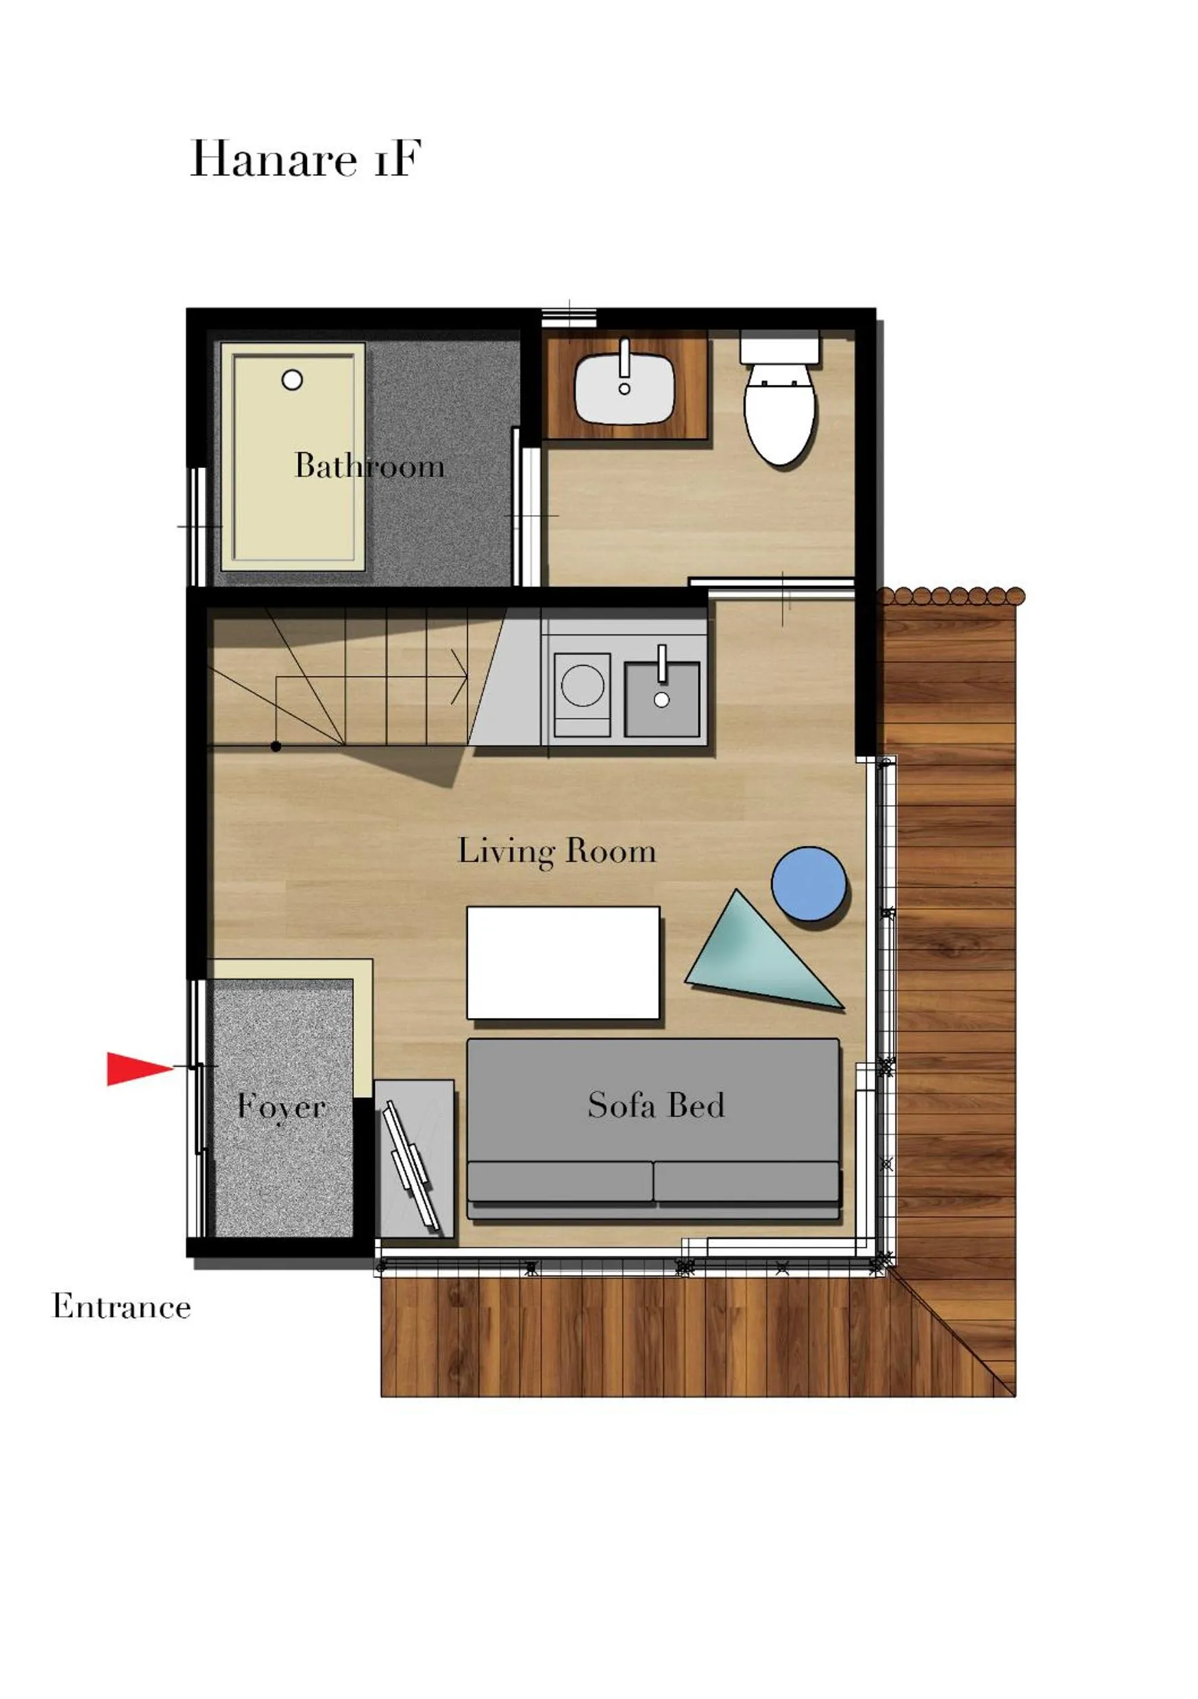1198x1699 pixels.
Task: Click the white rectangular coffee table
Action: pos(563,963)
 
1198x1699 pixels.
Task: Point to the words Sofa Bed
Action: pos(656,1106)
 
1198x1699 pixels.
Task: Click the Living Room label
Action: pos(557,851)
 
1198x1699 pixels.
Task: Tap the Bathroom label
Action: pos(369,465)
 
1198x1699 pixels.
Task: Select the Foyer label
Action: pos(282,1108)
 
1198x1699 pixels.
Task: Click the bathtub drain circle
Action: pos(293,380)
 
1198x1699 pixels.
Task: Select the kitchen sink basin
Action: pos(662,698)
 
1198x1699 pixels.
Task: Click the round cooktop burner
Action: pos(582,685)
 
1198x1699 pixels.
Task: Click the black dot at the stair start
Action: pos(276,747)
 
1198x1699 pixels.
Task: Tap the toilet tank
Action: pos(780,347)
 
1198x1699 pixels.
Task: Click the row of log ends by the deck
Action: pos(951,595)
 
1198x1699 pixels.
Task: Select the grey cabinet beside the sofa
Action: pos(414,1158)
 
